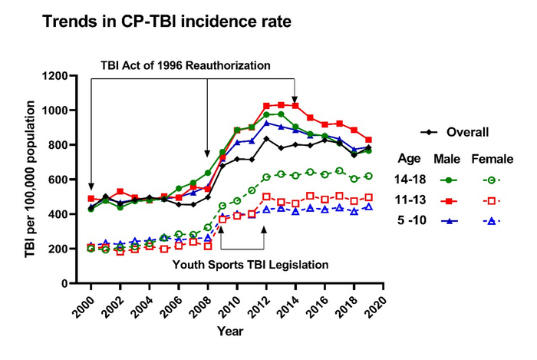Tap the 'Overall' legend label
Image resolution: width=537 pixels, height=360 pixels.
tap(469, 132)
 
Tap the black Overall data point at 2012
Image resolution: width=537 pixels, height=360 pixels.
tap(266, 139)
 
